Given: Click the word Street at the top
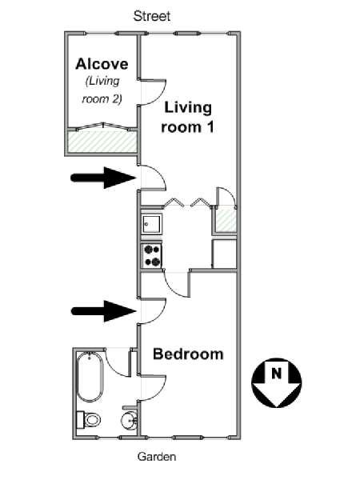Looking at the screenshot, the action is pyautogui.click(x=152, y=16).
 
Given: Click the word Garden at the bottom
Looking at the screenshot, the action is pyautogui.click(x=157, y=457).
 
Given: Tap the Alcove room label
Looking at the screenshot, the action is pyautogui.click(x=102, y=64).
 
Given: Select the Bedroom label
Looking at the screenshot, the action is pyautogui.click(x=188, y=354).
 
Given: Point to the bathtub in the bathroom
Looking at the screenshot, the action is pyautogui.click(x=89, y=377).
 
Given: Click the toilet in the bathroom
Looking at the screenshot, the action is pyautogui.click(x=89, y=419).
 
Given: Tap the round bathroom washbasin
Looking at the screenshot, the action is pyautogui.click(x=130, y=421).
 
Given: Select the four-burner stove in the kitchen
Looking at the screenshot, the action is pyautogui.click(x=152, y=255).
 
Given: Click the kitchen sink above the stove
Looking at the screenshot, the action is pyautogui.click(x=152, y=224).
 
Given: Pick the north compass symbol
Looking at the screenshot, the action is pyautogui.click(x=277, y=382).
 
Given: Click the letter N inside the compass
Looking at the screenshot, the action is pyautogui.click(x=277, y=374).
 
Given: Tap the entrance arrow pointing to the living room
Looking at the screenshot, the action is pyautogui.click(x=103, y=178).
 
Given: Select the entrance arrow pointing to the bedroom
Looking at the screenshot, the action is pyautogui.click(x=104, y=311).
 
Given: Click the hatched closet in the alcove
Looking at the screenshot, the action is pyautogui.click(x=102, y=142).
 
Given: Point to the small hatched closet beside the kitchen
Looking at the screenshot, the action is pyautogui.click(x=226, y=221).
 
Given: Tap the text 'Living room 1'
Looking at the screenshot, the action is pyautogui.click(x=187, y=118).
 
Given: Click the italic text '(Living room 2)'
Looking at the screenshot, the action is pyautogui.click(x=102, y=90).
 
